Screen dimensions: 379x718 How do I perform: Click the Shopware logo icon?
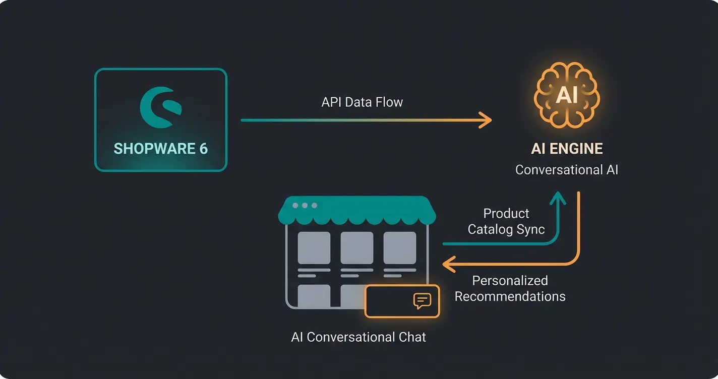tap(160, 107)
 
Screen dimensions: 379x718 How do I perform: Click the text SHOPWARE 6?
tap(160, 149)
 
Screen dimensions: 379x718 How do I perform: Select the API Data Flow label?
tap(362, 102)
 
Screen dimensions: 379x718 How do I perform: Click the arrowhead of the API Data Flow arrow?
tap(485, 120)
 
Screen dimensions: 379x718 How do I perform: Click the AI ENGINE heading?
tap(567, 149)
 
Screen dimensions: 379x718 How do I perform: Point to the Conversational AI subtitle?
tap(566, 170)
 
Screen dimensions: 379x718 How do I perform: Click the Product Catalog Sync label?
tap(506, 221)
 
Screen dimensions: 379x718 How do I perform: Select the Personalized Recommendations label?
tap(510, 288)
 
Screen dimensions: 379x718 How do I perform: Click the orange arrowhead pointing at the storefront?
tap(448, 264)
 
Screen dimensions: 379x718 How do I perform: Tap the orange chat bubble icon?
tap(422, 301)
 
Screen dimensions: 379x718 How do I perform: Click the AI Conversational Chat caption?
tap(358, 337)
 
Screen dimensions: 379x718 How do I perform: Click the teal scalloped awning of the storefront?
tap(357, 212)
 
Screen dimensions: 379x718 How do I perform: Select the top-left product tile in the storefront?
tap(314, 248)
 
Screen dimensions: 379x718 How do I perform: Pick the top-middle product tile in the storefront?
tap(356, 248)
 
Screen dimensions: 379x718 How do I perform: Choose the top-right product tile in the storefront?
tap(399, 248)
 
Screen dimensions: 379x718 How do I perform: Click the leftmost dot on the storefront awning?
tap(295, 206)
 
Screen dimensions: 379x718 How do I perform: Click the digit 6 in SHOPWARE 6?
tap(203, 149)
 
